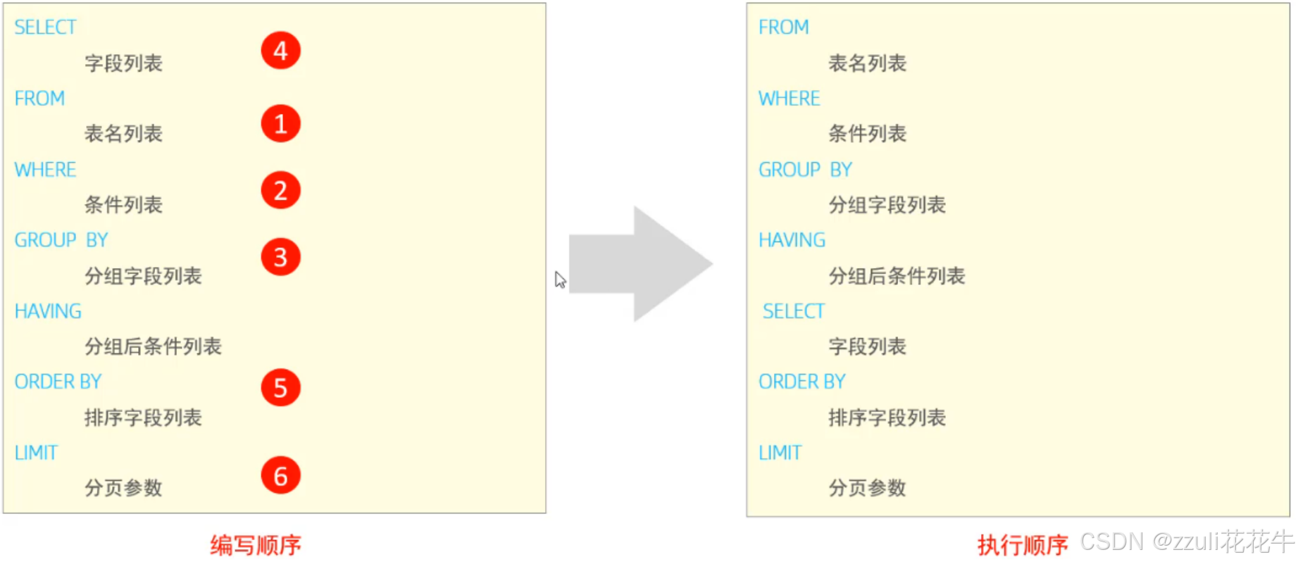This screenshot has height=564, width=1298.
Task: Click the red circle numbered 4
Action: (x=280, y=51)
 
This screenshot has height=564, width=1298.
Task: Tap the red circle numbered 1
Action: (x=280, y=124)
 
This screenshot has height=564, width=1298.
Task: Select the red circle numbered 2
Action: (x=280, y=190)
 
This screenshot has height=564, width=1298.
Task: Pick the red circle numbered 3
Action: (x=280, y=257)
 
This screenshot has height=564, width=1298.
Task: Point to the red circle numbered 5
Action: (x=280, y=388)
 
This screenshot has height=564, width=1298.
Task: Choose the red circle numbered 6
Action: (x=280, y=475)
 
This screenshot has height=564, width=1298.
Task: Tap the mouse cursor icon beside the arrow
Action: (x=560, y=280)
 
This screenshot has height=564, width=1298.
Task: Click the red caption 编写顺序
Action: (x=256, y=545)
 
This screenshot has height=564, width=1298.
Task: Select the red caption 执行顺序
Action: (x=1023, y=545)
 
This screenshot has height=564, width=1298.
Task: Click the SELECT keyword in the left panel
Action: (x=45, y=27)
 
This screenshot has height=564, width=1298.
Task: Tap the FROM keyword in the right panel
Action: (x=783, y=27)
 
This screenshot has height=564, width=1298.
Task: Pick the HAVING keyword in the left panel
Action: (x=48, y=311)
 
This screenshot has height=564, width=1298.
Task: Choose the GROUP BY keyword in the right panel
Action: (x=805, y=170)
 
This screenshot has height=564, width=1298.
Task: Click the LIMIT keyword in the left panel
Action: (x=36, y=453)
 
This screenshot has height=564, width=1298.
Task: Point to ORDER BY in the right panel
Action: (x=801, y=382)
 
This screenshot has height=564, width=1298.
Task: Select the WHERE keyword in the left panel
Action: (x=45, y=170)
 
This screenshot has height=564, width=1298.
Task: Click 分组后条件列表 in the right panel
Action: (x=897, y=276)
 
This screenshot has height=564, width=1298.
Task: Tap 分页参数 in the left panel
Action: (x=123, y=488)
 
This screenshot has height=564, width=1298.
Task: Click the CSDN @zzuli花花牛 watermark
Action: (x=1187, y=541)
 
